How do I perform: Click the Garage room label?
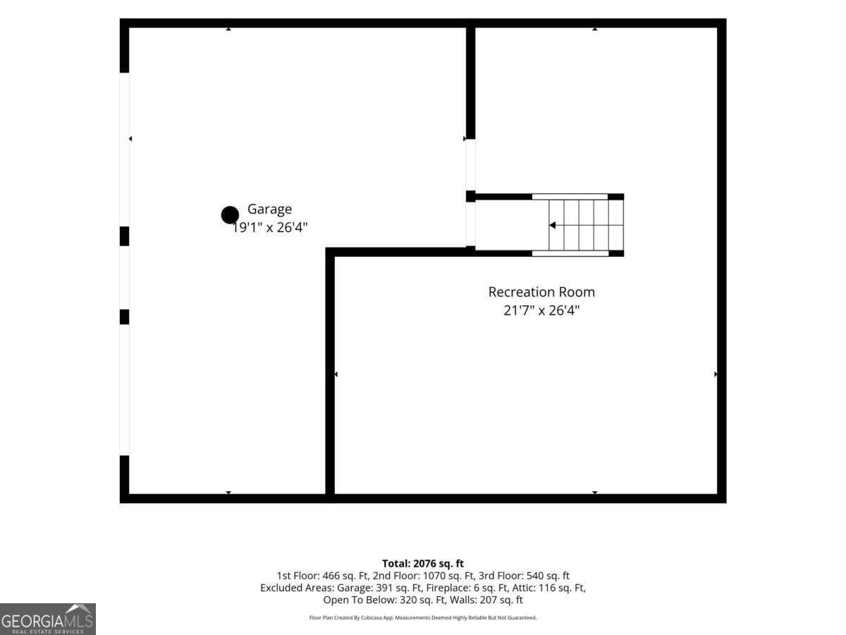pos(269,210)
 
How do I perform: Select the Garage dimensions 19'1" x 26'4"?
pos(269,227)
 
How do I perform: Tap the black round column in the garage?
pos(230,215)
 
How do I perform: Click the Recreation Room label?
pos(541,292)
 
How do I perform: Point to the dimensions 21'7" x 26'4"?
pos(541,310)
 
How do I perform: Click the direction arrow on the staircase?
pos(552,225)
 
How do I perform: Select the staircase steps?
pos(587,225)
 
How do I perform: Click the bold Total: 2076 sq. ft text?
pos(423,564)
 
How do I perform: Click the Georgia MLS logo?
pos(48,619)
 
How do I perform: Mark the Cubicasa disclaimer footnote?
pos(423,617)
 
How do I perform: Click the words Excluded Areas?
pos(297,588)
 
